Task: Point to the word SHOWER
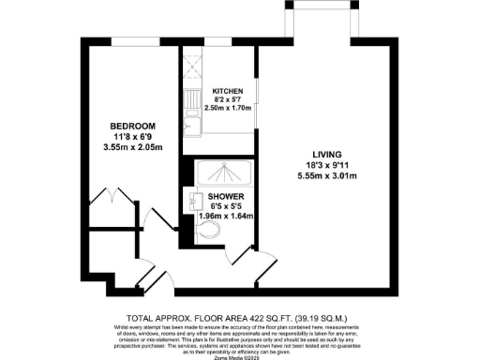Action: tap(226, 196)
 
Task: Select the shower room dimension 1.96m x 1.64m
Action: tap(226, 217)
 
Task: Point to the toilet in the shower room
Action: tap(210, 230)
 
